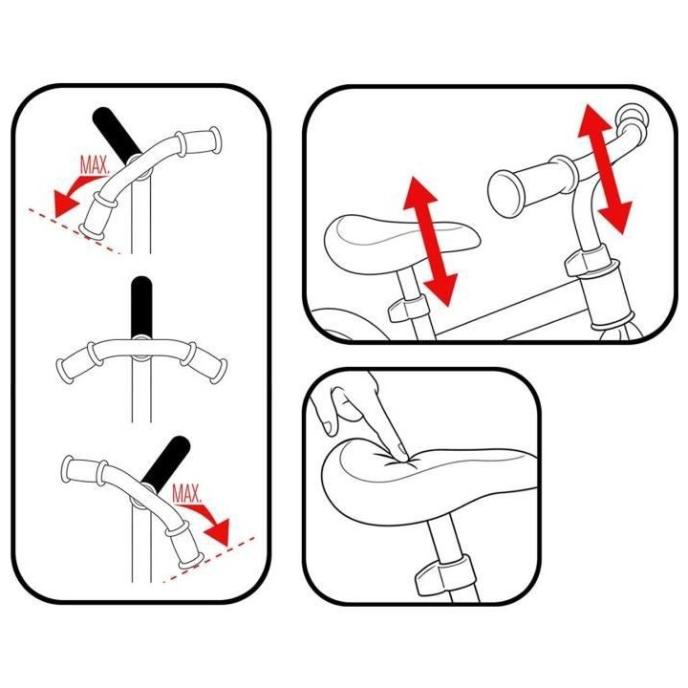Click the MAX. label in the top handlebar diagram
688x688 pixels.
coord(95,165)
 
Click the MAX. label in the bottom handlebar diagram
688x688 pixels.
coord(186,494)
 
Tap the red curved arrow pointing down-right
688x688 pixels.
coord(209,522)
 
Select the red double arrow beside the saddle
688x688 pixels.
coord(430,241)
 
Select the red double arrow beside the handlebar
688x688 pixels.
coord(605,169)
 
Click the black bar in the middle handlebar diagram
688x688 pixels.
coord(141,307)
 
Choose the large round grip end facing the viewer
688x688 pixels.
coord(505,193)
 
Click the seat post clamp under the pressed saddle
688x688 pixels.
coord(444,573)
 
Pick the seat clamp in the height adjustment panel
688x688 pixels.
coord(408,307)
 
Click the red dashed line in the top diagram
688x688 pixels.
coord(75,231)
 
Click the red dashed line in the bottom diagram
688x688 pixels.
coord(209,559)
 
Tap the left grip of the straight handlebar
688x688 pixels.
coord(74,362)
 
